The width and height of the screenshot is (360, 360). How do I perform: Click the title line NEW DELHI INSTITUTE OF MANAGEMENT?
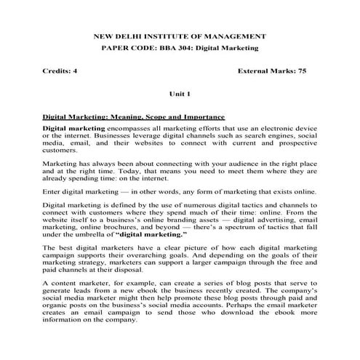click(180, 36)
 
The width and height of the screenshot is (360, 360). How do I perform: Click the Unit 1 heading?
click(179, 95)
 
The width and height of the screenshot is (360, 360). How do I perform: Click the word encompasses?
click(132, 128)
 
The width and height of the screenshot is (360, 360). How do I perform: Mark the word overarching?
click(163, 265)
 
